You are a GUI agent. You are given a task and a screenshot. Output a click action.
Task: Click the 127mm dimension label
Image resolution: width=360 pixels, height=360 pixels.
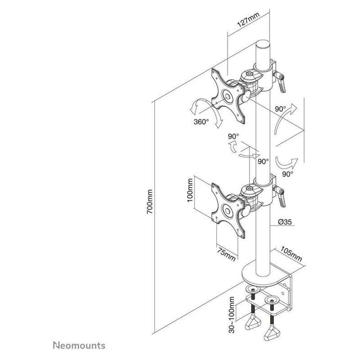coord(248,20)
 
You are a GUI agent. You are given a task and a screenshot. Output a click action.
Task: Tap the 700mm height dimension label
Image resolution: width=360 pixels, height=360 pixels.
coord(150,202)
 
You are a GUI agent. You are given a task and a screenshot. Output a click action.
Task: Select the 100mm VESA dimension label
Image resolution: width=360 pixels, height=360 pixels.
coord(190,190)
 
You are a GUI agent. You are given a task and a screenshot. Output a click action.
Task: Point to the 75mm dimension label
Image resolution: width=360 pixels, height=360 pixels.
coord(227,254)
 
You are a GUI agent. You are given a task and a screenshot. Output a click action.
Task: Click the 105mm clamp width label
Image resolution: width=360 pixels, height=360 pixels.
coord(291,254)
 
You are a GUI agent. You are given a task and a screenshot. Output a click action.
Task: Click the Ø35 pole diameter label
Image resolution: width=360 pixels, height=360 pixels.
coord(285,222)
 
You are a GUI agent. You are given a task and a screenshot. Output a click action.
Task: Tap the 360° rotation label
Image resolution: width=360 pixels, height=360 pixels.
coord(201,121)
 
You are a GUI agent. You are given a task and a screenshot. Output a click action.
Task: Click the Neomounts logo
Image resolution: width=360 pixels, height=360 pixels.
coord(79,345)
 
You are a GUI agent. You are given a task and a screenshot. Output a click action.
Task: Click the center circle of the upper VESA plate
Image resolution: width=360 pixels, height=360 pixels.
coord(67,96)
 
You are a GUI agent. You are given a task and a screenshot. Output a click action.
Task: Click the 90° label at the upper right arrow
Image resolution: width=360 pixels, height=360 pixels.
coord(280,108)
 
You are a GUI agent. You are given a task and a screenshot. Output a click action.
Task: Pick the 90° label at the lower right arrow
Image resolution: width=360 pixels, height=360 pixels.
coord(288,174)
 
